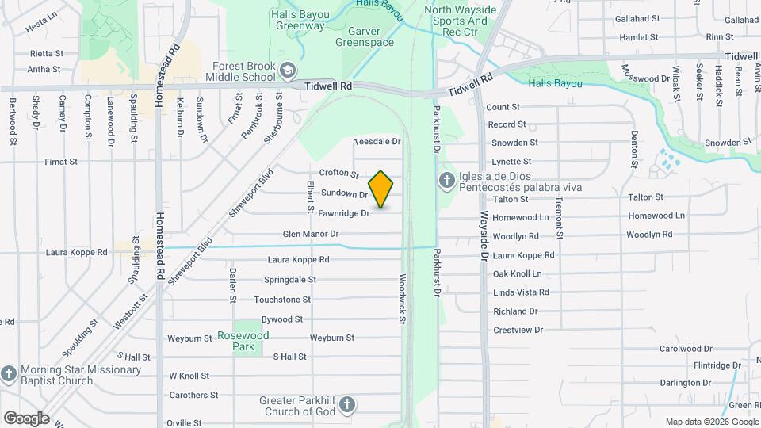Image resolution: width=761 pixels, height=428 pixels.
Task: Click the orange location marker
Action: (381, 189)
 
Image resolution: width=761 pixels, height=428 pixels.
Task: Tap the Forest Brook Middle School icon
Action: (286, 72)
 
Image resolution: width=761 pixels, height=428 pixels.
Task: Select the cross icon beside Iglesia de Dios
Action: (446, 181)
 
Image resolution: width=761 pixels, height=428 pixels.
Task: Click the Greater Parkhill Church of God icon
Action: (346, 407)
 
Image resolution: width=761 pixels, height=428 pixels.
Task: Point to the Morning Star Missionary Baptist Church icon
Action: (9, 373)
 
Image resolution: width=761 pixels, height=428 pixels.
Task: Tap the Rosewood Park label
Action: (243, 341)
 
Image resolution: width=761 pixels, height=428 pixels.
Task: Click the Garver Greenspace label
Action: (365, 36)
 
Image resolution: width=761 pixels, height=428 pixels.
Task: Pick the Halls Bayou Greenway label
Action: (298, 20)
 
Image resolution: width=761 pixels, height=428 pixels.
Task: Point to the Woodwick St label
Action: (403, 298)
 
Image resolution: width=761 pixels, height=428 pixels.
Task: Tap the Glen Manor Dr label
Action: (311, 235)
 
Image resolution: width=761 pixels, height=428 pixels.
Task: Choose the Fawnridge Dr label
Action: (343, 213)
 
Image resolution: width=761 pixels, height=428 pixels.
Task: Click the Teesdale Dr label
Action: (377, 141)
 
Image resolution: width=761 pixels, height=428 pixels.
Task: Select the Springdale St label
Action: (290, 280)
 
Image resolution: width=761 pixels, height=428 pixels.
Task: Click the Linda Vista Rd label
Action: (521, 292)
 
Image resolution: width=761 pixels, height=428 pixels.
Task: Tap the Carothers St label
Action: (193, 395)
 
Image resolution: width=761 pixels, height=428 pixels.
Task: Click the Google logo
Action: (26, 418)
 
